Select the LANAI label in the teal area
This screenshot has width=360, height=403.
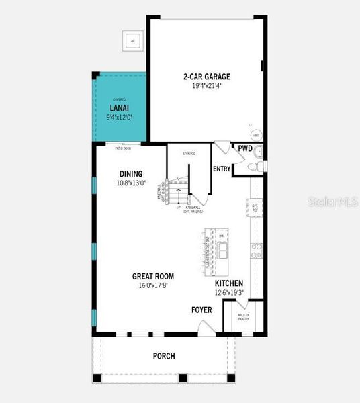coord(120,107)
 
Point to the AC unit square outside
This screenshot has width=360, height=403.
coord(132,40)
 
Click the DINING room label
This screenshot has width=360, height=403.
coord(131,173)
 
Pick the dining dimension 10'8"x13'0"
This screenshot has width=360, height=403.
coord(131,183)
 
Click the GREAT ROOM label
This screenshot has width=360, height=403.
coord(153,276)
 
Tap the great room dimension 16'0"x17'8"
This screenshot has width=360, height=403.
coord(153,285)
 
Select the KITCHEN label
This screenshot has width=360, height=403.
coord(229,283)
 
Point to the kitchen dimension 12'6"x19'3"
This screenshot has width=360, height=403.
coord(229,293)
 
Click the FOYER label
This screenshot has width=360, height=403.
coord(201,310)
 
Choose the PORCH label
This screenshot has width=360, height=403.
coord(164,356)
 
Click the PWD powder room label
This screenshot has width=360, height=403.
coord(244,149)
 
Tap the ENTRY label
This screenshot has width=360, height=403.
coord(222,169)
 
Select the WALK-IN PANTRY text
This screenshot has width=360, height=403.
coord(243,317)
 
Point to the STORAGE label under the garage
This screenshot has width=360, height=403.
coord(189,154)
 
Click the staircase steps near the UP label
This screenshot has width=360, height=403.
coord(178,195)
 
